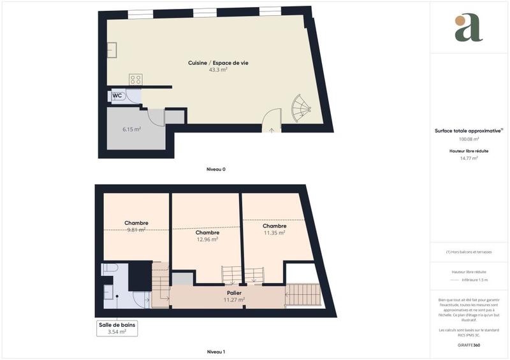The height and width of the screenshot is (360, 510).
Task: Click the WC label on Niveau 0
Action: click(117, 96)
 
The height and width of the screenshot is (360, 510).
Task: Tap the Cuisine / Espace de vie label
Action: click(218, 62)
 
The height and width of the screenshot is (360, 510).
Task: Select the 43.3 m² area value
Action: click(218, 69)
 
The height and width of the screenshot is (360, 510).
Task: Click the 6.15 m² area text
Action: click(132, 129)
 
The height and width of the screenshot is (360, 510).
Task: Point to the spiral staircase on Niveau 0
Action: click(300, 109)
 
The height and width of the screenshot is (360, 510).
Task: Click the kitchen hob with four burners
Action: click(136, 80)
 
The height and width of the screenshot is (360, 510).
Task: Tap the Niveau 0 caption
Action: click(216, 169)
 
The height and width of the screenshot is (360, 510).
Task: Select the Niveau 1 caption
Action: click(216, 352)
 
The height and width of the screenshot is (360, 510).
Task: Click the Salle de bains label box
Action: click(117, 328)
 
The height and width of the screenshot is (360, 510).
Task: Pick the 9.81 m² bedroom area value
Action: click(136, 230)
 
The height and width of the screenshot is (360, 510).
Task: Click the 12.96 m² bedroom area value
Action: click(207, 240)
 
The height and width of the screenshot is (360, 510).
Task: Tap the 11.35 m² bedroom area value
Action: click(274, 233)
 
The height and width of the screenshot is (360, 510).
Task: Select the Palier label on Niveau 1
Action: click(235, 292)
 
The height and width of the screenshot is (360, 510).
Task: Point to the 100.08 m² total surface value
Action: click(469, 139)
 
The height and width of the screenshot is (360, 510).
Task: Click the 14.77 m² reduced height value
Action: click(469, 158)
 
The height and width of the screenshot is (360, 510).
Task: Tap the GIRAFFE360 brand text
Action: click(469, 345)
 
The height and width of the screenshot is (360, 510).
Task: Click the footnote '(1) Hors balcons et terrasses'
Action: click(469, 252)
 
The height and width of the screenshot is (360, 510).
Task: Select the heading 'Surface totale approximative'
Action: click(468, 131)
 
